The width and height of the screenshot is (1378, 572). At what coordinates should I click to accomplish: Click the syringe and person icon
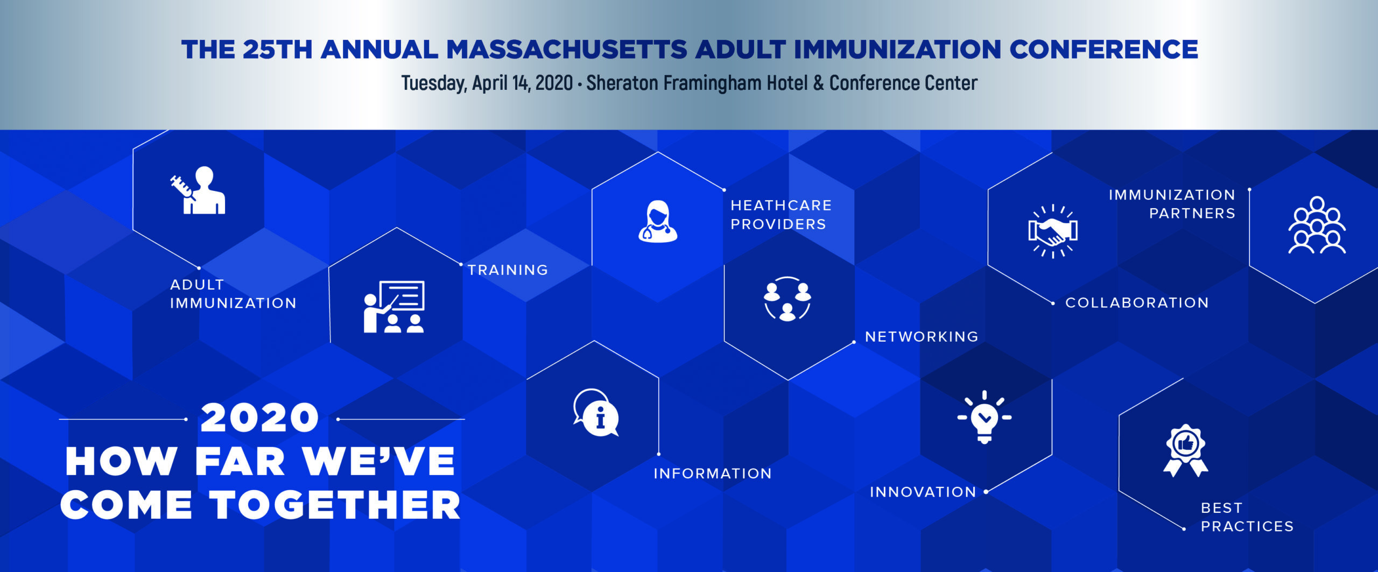[198, 190]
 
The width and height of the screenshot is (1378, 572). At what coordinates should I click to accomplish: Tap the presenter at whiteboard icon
[394, 306]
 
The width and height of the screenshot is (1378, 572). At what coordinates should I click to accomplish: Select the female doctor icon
[658, 221]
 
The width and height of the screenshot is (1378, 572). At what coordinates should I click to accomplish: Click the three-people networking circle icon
[788, 299]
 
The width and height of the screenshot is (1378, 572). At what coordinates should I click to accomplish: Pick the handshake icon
[1053, 231]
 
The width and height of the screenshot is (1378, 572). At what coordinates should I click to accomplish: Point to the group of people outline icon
[1317, 225]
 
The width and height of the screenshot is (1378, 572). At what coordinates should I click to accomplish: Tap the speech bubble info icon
[596, 413]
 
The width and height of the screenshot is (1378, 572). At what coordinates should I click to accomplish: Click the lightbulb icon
[985, 417]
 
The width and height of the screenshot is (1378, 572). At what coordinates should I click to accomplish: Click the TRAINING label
[508, 270]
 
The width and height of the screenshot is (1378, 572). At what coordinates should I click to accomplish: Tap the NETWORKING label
[922, 337]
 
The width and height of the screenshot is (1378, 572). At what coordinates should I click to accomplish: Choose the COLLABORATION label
[1137, 303]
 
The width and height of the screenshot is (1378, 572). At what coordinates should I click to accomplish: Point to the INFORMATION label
[713, 474]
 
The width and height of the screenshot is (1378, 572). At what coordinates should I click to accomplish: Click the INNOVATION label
[923, 492]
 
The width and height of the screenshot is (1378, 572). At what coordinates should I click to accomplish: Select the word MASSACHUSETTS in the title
[567, 50]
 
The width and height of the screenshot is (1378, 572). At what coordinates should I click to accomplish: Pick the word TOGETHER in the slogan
[335, 505]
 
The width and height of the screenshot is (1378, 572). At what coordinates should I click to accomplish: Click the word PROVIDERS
[778, 224]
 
